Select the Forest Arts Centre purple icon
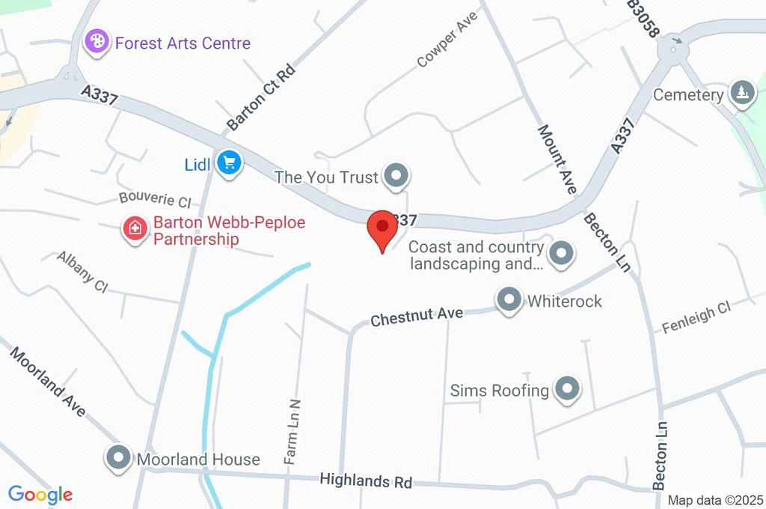[96, 42]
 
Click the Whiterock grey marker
[509, 301]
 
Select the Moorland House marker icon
[119, 459]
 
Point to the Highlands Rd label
[366, 480]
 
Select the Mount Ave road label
[557, 159]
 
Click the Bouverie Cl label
[156, 200]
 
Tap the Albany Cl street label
[83, 272]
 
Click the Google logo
[40, 494]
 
